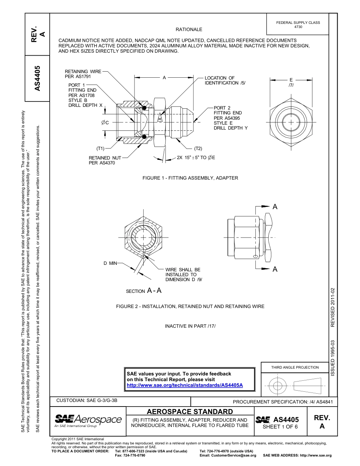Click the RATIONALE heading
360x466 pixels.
pyautogui.click(x=189, y=30)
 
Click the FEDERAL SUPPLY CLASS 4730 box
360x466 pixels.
pyautogui.click(x=298, y=25)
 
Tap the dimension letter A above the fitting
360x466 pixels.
pyautogui.click(x=164, y=78)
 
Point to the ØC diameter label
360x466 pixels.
pyautogui.click(x=105, y=123)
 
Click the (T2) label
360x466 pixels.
pyautogui.click(x=198, y=149)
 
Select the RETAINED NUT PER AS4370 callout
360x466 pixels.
pyautogui.click(x=105, y=160)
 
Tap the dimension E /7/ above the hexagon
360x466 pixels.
pyautogui.click(x=291, y=83)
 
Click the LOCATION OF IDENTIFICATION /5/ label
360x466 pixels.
pyautogui.click(x=225, y=80)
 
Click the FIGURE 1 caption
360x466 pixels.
pyautogui.click(x=190, y=178)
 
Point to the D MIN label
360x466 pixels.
pyautogui.click(x=110, y=263)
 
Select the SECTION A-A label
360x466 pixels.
pyautogui.click(x=144, y=291)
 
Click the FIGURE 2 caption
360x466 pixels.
pyautogui.click(x=190, y=306)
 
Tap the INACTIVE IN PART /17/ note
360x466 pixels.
pyautogui.click(x=190, y=326)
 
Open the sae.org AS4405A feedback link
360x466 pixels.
pyautogui.click(x=184, y=385)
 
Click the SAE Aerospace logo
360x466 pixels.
pyautogui.click(x=88, y=420)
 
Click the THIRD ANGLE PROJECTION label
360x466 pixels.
pyautogui.click(x=295, y=367)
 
